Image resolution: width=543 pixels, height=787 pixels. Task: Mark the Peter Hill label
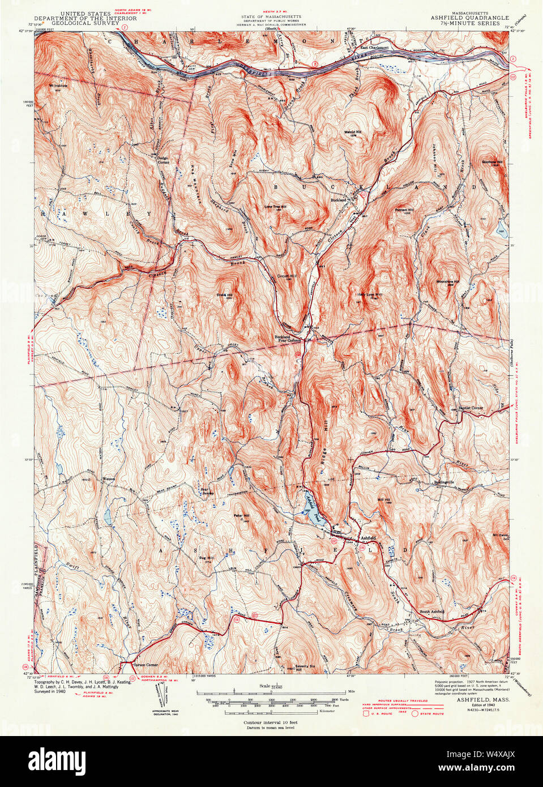242,517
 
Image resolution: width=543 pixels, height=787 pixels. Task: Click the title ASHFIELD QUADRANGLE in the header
469,18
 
